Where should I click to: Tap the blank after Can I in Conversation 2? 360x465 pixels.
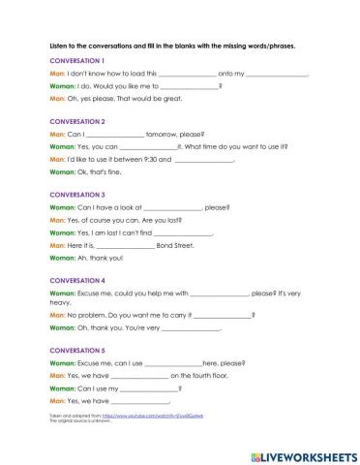coord(116,135)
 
